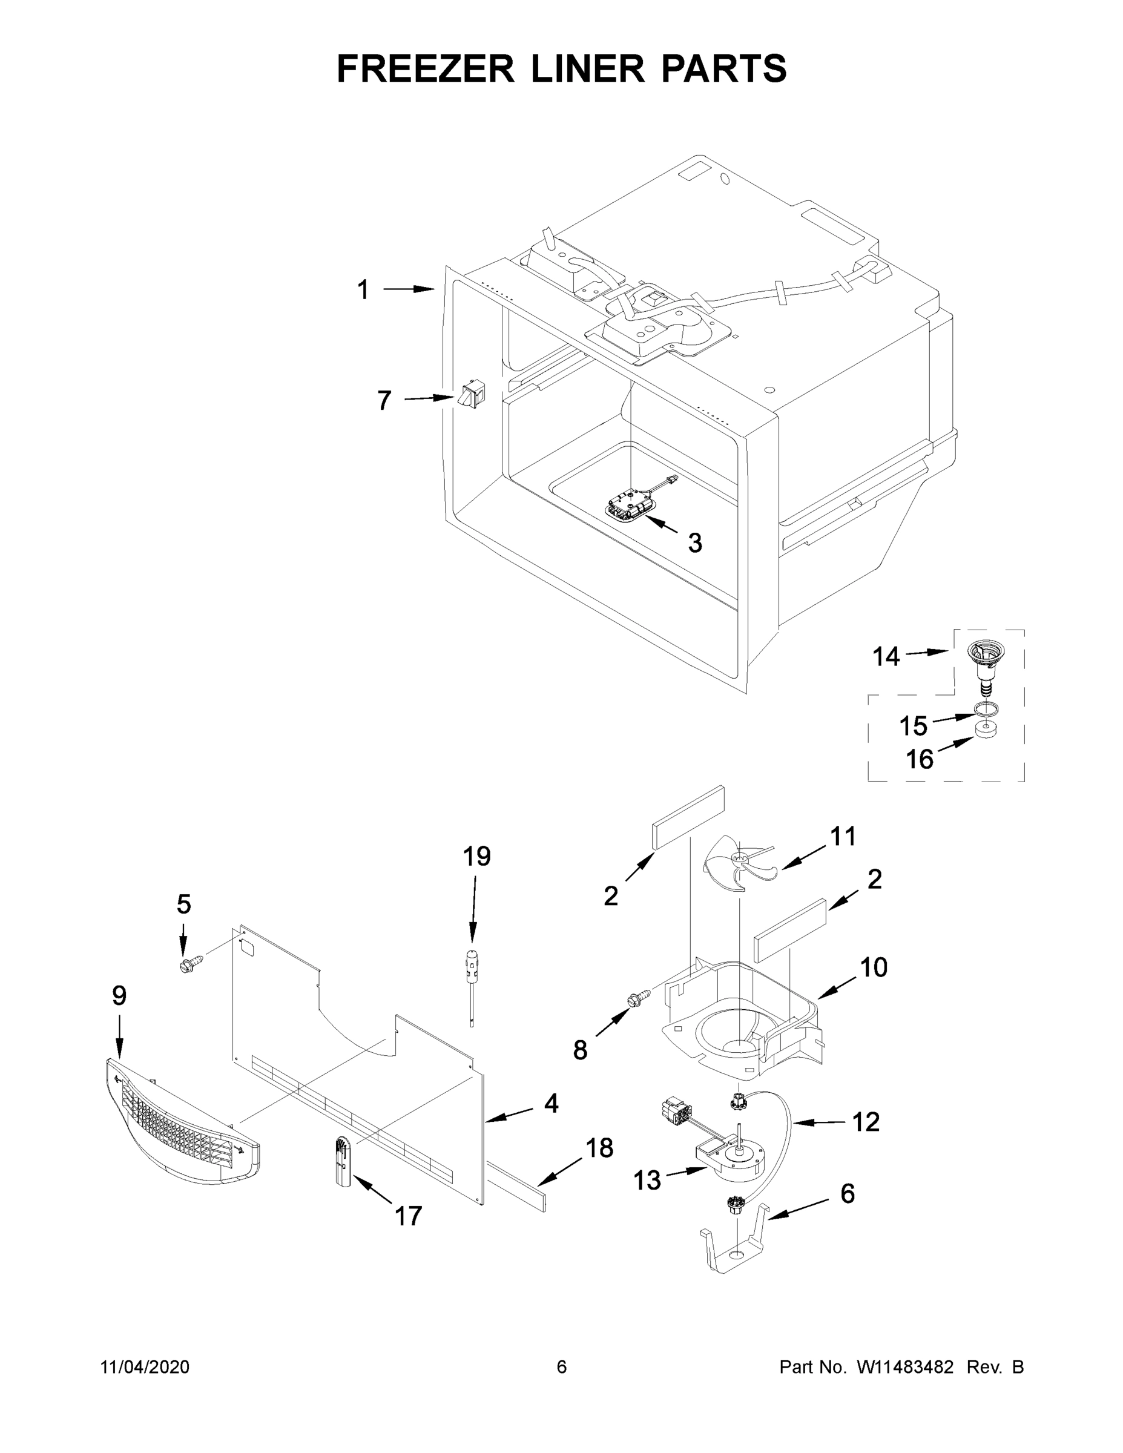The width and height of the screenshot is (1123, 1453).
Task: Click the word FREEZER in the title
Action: tap(425, 68)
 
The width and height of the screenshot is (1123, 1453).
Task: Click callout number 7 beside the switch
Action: tap(384, 401)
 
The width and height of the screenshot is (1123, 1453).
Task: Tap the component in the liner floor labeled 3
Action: tap(628, 505)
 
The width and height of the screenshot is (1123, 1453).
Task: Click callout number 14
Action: tap(886, 657)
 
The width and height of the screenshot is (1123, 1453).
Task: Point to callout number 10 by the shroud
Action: tap(874, 967)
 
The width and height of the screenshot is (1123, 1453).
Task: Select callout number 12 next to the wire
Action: tap(866, 1122)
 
